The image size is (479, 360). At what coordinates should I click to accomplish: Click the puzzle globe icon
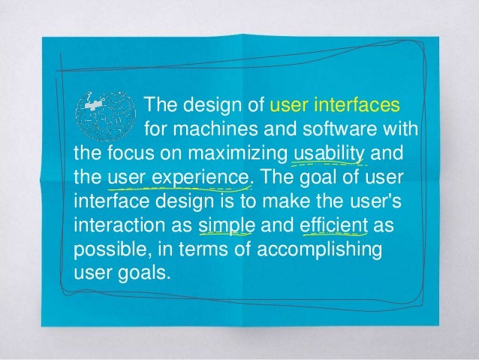[x=106, y=115]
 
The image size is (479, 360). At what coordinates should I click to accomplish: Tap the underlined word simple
[x=228, y=226]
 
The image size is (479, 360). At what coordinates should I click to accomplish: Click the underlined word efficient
[x=333, y=226]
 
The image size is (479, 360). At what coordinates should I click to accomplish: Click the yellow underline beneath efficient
[x=333, y=235]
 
